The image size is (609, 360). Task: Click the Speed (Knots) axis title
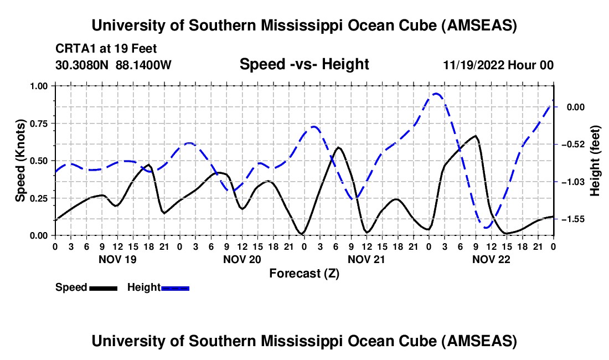[20, 161]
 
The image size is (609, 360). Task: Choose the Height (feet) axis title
[596, 161]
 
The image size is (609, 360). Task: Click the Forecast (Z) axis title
[304, 273]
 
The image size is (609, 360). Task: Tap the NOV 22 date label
[491, 259]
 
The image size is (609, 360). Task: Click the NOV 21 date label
[366, 259]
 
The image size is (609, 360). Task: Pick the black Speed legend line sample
[102, 287]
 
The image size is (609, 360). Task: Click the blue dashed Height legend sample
[175, 287]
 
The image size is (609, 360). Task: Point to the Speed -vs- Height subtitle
[304, 64]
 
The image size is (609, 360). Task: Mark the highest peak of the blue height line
[436, 94]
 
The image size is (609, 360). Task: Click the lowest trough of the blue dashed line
[487, 227]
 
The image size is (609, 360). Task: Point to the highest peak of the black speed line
[475, 136]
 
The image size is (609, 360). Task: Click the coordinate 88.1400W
[143, 65]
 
